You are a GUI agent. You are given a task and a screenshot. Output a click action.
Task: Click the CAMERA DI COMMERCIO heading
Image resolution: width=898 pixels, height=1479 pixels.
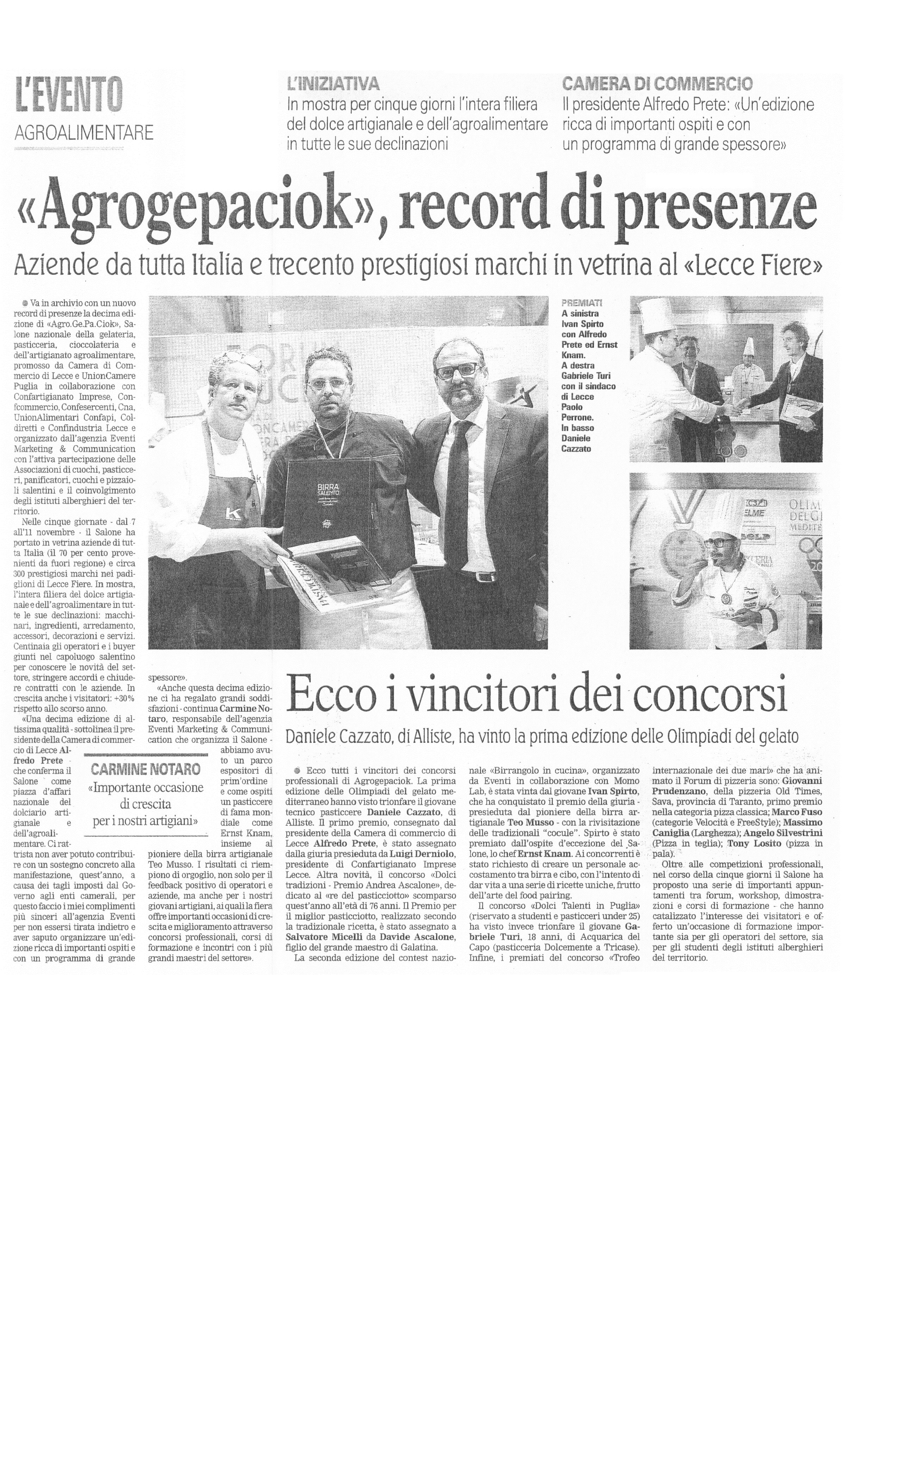point(657,83)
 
